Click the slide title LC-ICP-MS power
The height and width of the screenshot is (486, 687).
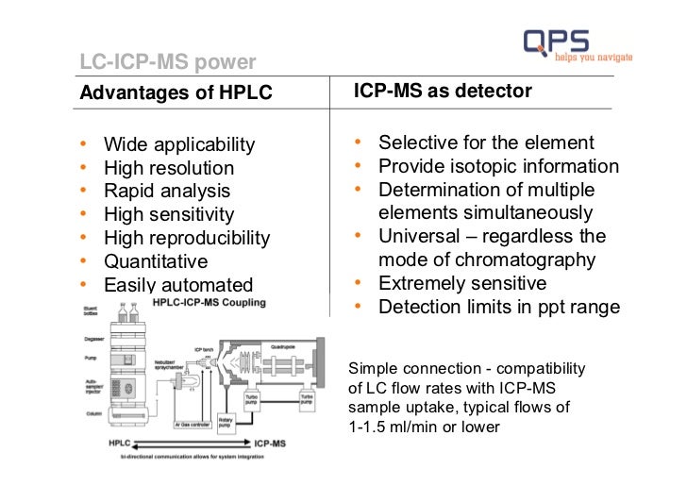pyautogui.click(x=167, y=63)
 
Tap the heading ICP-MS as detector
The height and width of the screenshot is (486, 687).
pyautogui.click(x=443, y=91)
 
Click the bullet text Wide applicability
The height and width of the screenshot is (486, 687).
pyautogui.click(x=179, y=144)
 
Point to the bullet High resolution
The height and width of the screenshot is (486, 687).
pyautogui.click(x=169, y=168)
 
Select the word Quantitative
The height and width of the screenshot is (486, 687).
pyautogui.click(x=156, y=261)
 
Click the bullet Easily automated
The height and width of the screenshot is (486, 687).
pyautogui.click(x=178, y=285)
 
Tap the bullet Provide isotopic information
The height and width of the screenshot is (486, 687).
pyautogui.click(x=498, y=166)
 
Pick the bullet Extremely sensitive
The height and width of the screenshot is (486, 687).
pyautogui.click(x=462, y=283)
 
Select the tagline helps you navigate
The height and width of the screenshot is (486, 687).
pyautogui.click(x=594, y=58)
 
